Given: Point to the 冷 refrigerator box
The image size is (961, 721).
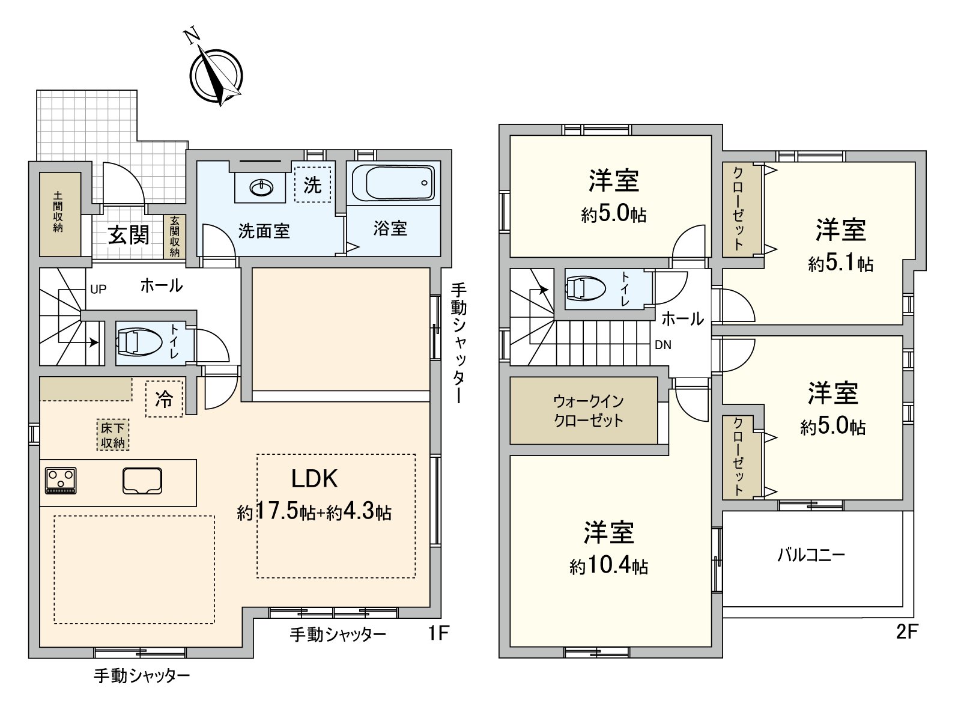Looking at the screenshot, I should (164, 400).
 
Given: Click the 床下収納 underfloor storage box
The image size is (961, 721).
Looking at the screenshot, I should (112, 435).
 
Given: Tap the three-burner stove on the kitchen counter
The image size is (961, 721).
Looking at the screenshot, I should (61, 481).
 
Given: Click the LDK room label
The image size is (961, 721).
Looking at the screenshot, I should (314, 479).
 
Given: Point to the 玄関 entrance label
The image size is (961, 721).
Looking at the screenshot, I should (128, 235).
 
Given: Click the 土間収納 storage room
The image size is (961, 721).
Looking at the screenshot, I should (59, 213).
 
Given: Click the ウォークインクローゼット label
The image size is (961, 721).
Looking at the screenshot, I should (589, 410).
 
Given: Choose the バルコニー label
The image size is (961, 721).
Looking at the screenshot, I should (811, 555).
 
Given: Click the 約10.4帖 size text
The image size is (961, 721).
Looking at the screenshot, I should (608, 566).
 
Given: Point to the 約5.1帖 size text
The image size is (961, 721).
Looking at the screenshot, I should (840, 263).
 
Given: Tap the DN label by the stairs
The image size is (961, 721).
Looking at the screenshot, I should (663, 345).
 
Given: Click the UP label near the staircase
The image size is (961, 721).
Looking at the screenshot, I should (98, 289).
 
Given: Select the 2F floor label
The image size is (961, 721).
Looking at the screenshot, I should (907, 632).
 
